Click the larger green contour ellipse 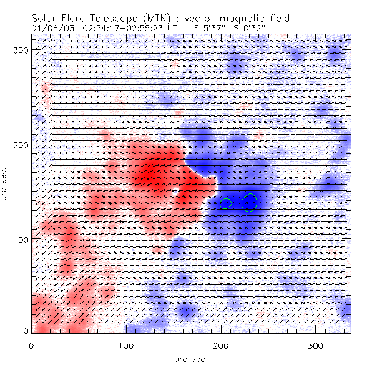coord(249,202)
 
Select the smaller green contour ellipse coord(226,203)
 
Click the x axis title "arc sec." coord(190,358)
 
